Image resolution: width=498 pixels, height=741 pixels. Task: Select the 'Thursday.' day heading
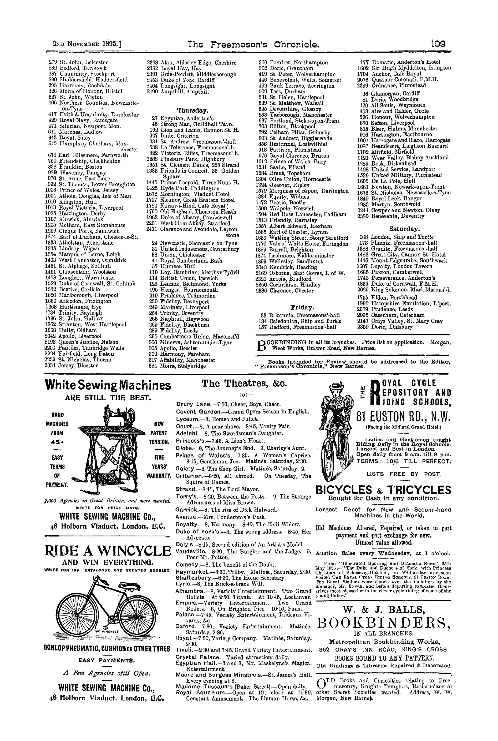(193, 110)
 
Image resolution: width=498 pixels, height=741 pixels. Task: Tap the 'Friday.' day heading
(303, 307)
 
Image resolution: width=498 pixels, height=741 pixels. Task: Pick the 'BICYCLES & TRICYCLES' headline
(383, 490)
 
